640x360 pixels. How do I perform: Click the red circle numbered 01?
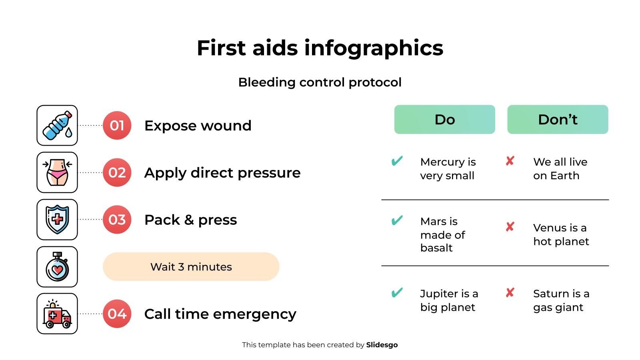tap(117, 125)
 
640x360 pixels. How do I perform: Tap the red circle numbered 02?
tap(117, 172)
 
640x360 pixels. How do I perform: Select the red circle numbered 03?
tap(117, 220)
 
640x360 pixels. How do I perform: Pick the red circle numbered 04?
tap(117, 314)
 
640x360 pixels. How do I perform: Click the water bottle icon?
tap(57, 126)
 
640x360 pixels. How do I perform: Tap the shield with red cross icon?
tap(57, 220)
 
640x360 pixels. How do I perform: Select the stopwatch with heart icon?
tap(57, 266)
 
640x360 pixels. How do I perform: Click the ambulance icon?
tap(57, 314)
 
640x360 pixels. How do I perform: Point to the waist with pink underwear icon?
tap(57, 172)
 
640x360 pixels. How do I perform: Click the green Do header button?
tap(444, 120)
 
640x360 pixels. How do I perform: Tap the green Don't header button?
tap(558, 120)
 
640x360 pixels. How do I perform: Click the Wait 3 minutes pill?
tap(191, 266)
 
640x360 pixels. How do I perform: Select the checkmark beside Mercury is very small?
tap(397, 161)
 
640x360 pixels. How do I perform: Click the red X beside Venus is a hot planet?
tap(510, 227)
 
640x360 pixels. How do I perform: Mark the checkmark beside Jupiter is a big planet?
tap(397, 292)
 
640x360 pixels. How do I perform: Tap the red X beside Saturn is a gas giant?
tap(510, 292)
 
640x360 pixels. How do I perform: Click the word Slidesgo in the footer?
tap(382, 345)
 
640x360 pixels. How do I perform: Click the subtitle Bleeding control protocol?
tap(320, 82)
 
